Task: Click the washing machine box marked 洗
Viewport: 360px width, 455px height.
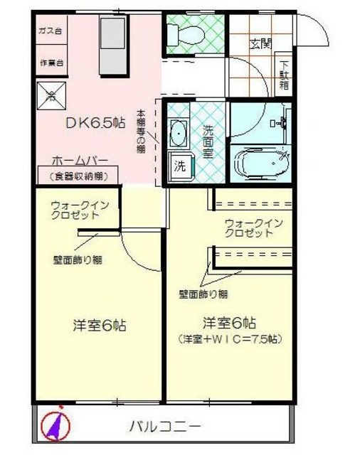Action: click(x=180, y=168)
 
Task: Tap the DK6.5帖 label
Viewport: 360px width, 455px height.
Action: click(x=93, y=122)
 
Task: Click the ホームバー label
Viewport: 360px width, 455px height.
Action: click(x=79, y=161)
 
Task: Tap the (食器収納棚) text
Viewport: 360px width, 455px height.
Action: click(x=79, y=176)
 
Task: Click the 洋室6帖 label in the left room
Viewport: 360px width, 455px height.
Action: click(x=100, y=326)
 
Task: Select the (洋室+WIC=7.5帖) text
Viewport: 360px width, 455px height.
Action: click(x=229, y=339)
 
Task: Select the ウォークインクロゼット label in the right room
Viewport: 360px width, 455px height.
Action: click(x=254, y=227)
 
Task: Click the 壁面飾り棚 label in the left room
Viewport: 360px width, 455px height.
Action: click(x=78, y=259)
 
